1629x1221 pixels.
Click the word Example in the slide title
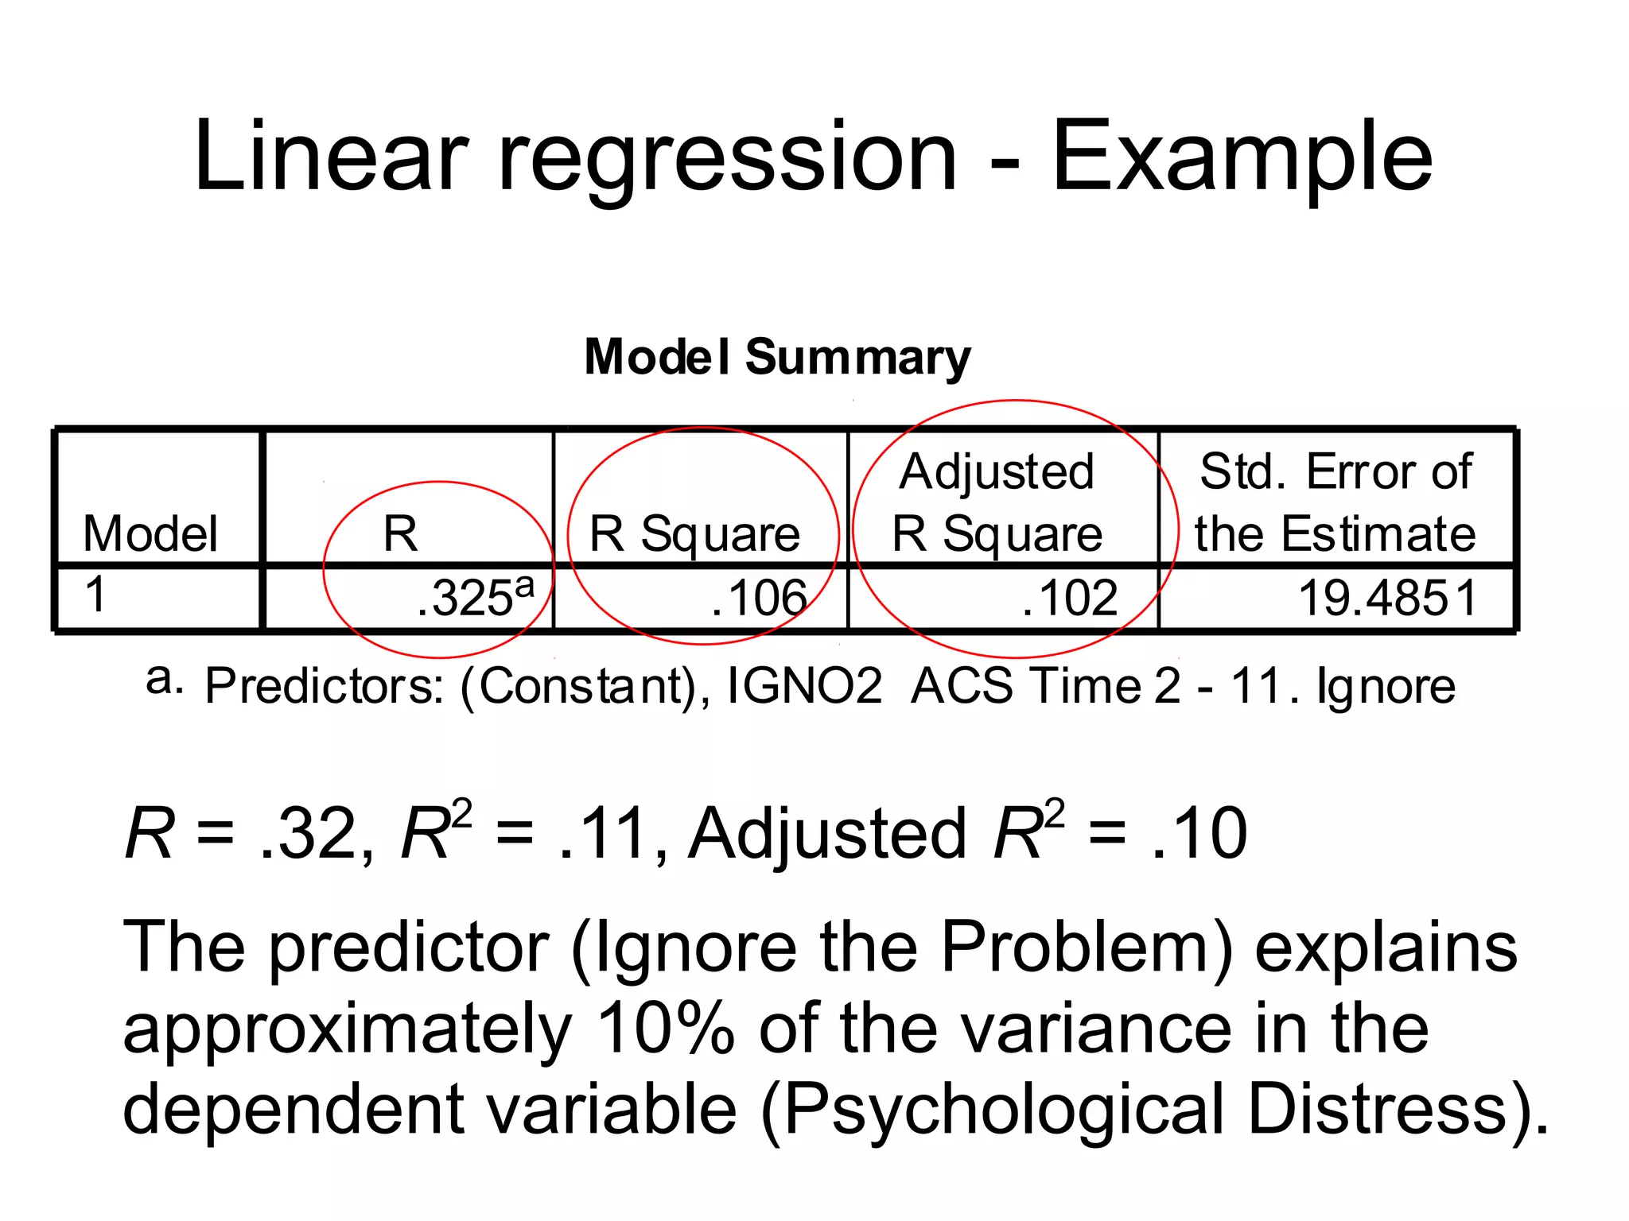coord(1242,157)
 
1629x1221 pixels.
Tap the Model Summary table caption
coord(777,357)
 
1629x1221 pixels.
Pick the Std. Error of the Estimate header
coord(1335,502)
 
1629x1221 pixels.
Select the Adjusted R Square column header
coord(997,502)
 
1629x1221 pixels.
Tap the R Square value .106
coord(759,598)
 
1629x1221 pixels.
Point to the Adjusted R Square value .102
coord(1069,598)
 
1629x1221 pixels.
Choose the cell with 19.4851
coord(1387,598)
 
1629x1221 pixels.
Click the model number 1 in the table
coord(95,594)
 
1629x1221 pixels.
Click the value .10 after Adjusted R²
coord(1199,834)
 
